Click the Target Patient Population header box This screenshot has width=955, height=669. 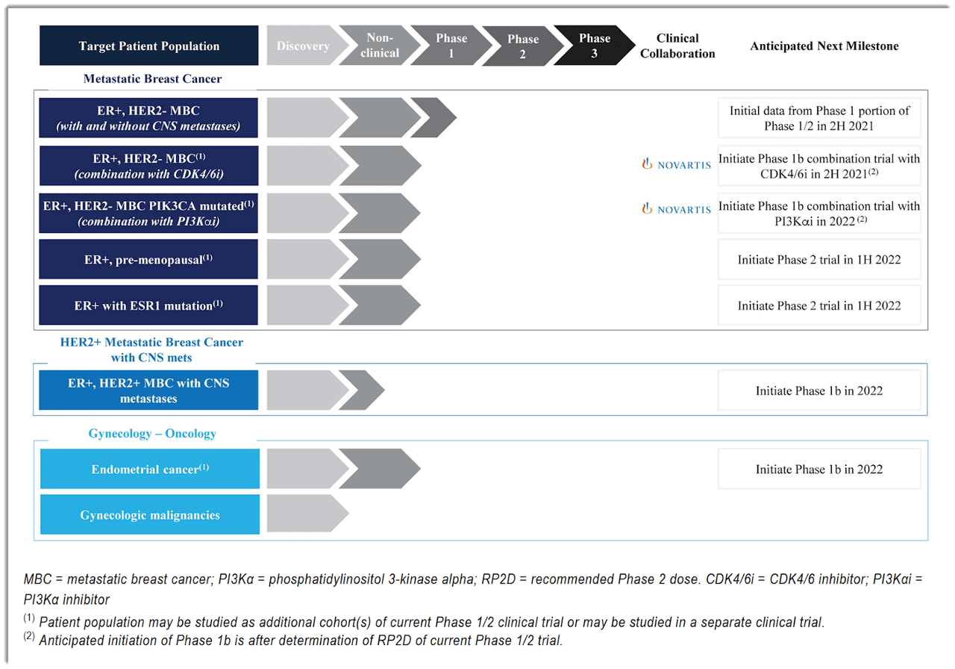coord(149,46)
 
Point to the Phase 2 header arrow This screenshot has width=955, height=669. coord(522,46)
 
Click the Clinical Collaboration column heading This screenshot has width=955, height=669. coord(677,46)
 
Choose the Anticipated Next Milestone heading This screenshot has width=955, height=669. coord(824,46)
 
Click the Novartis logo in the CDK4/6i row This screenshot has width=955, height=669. coord(677,165)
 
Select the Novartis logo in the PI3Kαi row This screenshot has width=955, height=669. coord(677,210)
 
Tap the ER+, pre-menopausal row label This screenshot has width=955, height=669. coord(149,260)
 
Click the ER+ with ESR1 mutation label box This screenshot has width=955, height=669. coord(149,305)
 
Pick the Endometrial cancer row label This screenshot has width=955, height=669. coord(149,469)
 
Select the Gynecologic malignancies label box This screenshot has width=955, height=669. coord(149,515)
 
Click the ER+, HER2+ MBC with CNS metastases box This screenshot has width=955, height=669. coord(149,390)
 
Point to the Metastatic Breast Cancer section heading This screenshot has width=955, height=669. coord(152,78)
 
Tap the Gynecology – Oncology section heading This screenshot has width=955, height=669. coord(152,434)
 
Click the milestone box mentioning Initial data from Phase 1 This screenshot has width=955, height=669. coord(819,118)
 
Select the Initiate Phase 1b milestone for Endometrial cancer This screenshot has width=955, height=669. coord(819,469)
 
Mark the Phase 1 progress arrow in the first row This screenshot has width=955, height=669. coord(434,118)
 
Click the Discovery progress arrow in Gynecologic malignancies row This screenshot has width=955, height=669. coord(304,515)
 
